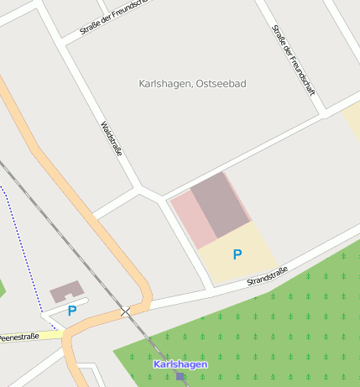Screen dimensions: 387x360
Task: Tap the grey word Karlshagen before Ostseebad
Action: coord(165,84)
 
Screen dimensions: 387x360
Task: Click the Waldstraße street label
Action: coord(112,139)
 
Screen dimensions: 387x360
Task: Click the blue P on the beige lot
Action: coord(237,254)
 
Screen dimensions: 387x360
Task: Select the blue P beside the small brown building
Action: coord(72,311)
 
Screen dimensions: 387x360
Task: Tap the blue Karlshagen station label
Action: coord(180,364)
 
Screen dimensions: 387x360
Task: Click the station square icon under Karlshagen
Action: coord(180,377)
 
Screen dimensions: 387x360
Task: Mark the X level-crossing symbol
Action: coord(126,311)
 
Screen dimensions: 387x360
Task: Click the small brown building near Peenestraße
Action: coord(66,291)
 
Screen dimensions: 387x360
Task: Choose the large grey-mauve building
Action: coord(220,205)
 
